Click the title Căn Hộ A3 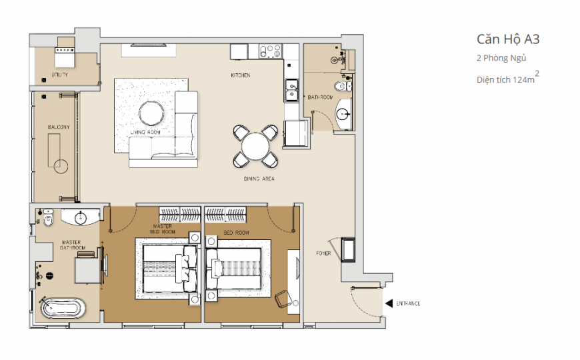(x=508, y=39)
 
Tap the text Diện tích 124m (x=505, y=80)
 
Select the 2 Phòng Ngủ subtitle (x=501, y=58)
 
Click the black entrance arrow (x=389, y=303)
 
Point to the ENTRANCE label (x=408, y=304)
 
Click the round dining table (x=255, y=146)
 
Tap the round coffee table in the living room (x=151, y=113)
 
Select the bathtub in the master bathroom (x=63, y=308)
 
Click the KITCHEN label (x=241, y=75)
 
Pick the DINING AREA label (x=259, y=179)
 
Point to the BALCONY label (x=59, y=127)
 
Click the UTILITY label (x=59, y=75)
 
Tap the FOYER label (x=323, y=253)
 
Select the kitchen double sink (x=291, y=90)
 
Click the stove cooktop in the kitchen (x=271, y=51)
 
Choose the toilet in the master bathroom (x=48, y=217)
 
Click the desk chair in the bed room (x=283, y=299)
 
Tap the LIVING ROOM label (x=145, y=132)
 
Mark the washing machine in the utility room (x=65, y=57)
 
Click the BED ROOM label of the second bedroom (x=236, y=233)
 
